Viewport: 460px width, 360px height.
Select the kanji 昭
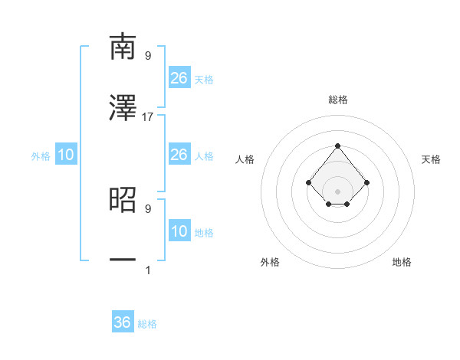tap(123, 199)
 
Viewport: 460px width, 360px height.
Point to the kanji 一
tap(123, 260)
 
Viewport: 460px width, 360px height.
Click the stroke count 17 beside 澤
tap(148, 116)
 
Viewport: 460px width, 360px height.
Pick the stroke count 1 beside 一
tap(148, 270)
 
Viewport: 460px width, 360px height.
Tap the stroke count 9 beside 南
tap(148, 55)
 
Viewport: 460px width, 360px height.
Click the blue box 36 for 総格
tap(123, 322)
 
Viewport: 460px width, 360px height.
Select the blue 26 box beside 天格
tap(179, 77)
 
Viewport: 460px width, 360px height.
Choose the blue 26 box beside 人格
tap(179, 155)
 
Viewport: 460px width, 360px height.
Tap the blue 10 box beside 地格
tap(179, 231)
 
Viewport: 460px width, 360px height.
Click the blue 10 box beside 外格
tap(66, 155)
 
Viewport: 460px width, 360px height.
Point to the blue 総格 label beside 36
tap(147, 324)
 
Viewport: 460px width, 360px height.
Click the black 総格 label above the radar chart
tap(337, 100)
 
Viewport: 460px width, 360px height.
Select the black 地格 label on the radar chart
tap(402, 262)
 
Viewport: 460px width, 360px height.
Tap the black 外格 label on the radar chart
tap(270, 262)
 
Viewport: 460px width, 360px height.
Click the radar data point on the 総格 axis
tap(337, 146)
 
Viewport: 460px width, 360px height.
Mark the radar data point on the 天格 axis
tap(366, 182)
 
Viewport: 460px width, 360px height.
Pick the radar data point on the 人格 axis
tap(308, 182)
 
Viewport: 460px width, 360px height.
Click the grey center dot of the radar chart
tap(337, 191)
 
